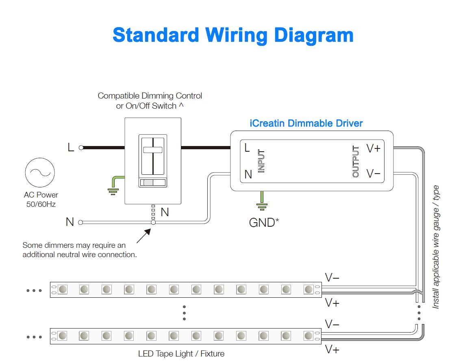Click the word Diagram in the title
313,35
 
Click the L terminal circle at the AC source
81,148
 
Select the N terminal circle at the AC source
80,222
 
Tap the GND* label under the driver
264,222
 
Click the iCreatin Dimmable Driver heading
306,123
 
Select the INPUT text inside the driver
261,161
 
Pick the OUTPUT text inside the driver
356,161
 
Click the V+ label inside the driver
374,148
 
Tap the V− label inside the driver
374,174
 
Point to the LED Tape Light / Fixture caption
181,354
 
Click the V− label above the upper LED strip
332,278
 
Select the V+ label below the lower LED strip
332,349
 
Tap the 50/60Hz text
41,204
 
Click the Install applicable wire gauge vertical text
436,247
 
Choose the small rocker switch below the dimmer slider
153,183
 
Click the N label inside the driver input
248,174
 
